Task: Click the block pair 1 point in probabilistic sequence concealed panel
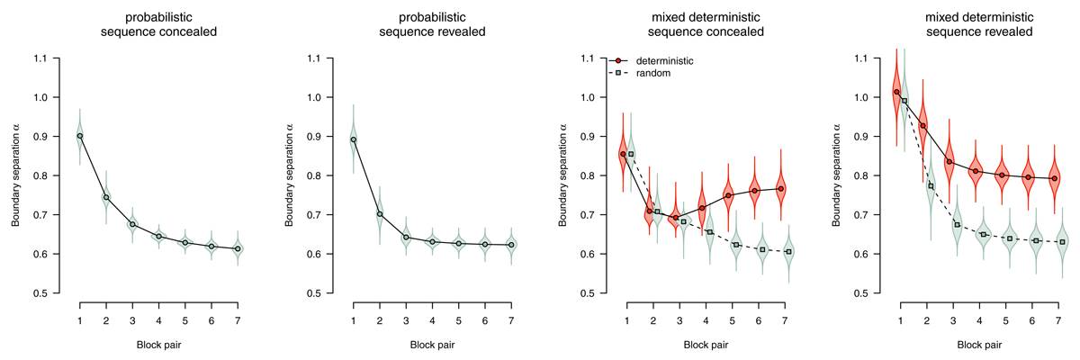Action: (x=80, y=136)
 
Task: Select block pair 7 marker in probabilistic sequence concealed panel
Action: (x=238, y=248)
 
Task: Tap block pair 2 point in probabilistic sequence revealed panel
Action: (x=380, y=214)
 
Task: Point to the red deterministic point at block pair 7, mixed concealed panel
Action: (x=781, y=188)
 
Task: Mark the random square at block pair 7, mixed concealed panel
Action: (x=788, y=251)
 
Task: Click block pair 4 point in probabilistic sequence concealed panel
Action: (x=158, y=237)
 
